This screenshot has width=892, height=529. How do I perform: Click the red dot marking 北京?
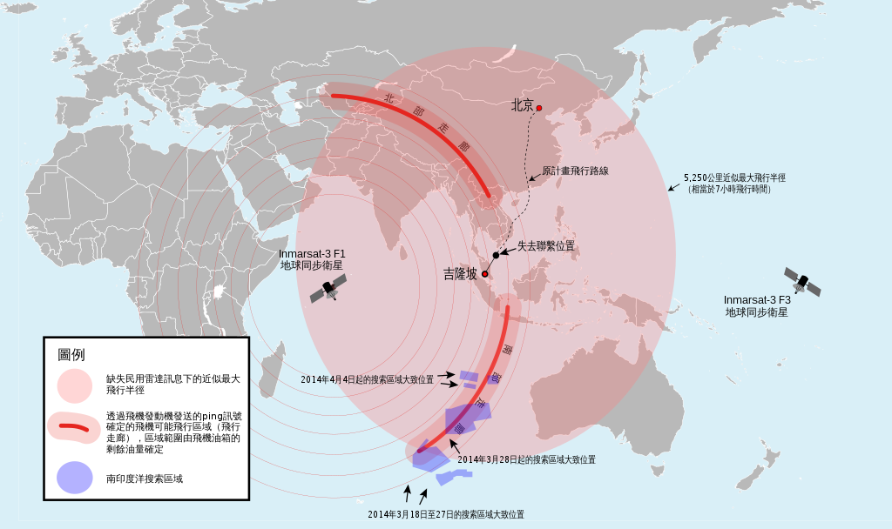click(x=539, y=108)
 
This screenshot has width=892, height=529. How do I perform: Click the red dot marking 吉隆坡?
click(x=484, y=275)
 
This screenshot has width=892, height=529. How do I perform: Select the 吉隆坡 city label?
click(x=460, y=274)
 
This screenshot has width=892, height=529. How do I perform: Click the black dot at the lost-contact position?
click(x=495, y=255)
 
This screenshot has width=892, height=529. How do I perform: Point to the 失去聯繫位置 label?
click(x=546, y=246)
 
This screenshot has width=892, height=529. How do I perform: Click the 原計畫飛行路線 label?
click(x=575, y=171)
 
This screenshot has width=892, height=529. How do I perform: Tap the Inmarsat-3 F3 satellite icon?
click(x=802, y=281)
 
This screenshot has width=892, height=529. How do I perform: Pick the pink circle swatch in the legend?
click(x=74, y=385)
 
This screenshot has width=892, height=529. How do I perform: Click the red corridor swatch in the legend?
click(x=74, y=429)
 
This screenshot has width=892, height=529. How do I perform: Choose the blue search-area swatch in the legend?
click(x=74, y=478)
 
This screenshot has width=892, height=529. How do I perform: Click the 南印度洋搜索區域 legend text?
click(x=145, y=479)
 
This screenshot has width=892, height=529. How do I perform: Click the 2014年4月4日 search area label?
click(x=366, y=380)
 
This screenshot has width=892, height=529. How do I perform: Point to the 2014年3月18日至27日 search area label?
click(x=445, y=514)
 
